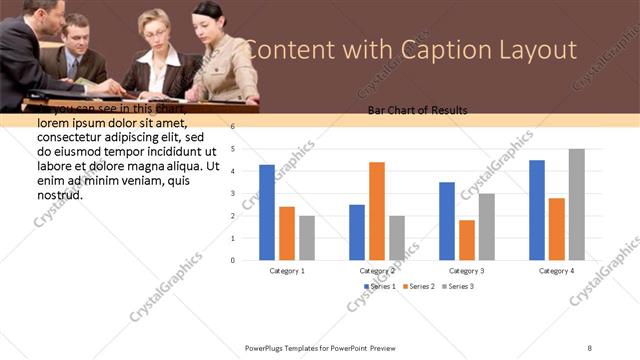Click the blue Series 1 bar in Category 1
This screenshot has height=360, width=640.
coord(267,212)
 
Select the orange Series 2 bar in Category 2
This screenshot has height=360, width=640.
coord(377,211)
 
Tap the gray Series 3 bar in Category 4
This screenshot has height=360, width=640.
coord(577,204)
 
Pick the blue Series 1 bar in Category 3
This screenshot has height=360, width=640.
coord(447,221)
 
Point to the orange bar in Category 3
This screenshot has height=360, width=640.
coord(467,240)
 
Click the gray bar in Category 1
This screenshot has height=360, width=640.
coord(307,238)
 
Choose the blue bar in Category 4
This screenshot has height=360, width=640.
coord(537,210)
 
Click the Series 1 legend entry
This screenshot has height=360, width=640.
coord(380,287)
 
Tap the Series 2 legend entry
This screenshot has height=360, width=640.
coord(419,287)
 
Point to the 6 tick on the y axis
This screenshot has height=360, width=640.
coord(232,127)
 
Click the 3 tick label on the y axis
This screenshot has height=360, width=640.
coord(232,194)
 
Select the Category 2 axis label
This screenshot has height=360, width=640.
coord(377,271)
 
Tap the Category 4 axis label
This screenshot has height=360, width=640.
coord(557,271)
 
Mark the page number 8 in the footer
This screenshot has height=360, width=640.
coord(590,347)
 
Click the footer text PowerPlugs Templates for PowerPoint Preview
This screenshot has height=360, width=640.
coord(320,347)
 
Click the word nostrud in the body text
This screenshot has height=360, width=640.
coord(59,194)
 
